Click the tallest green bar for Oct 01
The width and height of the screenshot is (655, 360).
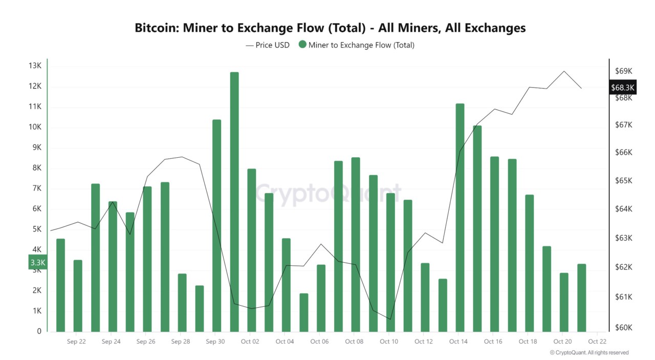234,202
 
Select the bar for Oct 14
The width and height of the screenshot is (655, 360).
460,218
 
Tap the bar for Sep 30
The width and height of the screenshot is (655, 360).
216,225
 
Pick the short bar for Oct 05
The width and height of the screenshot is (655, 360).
304,312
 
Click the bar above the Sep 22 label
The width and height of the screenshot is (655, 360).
78,295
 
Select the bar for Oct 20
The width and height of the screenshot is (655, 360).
564,302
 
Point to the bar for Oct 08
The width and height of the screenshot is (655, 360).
356,244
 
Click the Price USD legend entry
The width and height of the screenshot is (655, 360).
268,45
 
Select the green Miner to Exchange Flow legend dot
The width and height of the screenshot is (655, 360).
302,45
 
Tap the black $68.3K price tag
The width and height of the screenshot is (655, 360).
623,88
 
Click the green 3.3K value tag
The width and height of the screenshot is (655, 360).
38,262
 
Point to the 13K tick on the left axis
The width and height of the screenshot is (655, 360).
35,66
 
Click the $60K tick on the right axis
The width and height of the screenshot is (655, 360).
624,328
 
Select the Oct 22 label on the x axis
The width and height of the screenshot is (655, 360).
597,342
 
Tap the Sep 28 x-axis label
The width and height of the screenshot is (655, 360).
181,342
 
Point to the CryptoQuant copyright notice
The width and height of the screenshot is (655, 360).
589,353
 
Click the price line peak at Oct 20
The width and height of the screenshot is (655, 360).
564,71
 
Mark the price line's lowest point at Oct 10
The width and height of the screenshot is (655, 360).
390,319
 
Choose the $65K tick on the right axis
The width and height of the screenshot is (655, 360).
624,181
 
